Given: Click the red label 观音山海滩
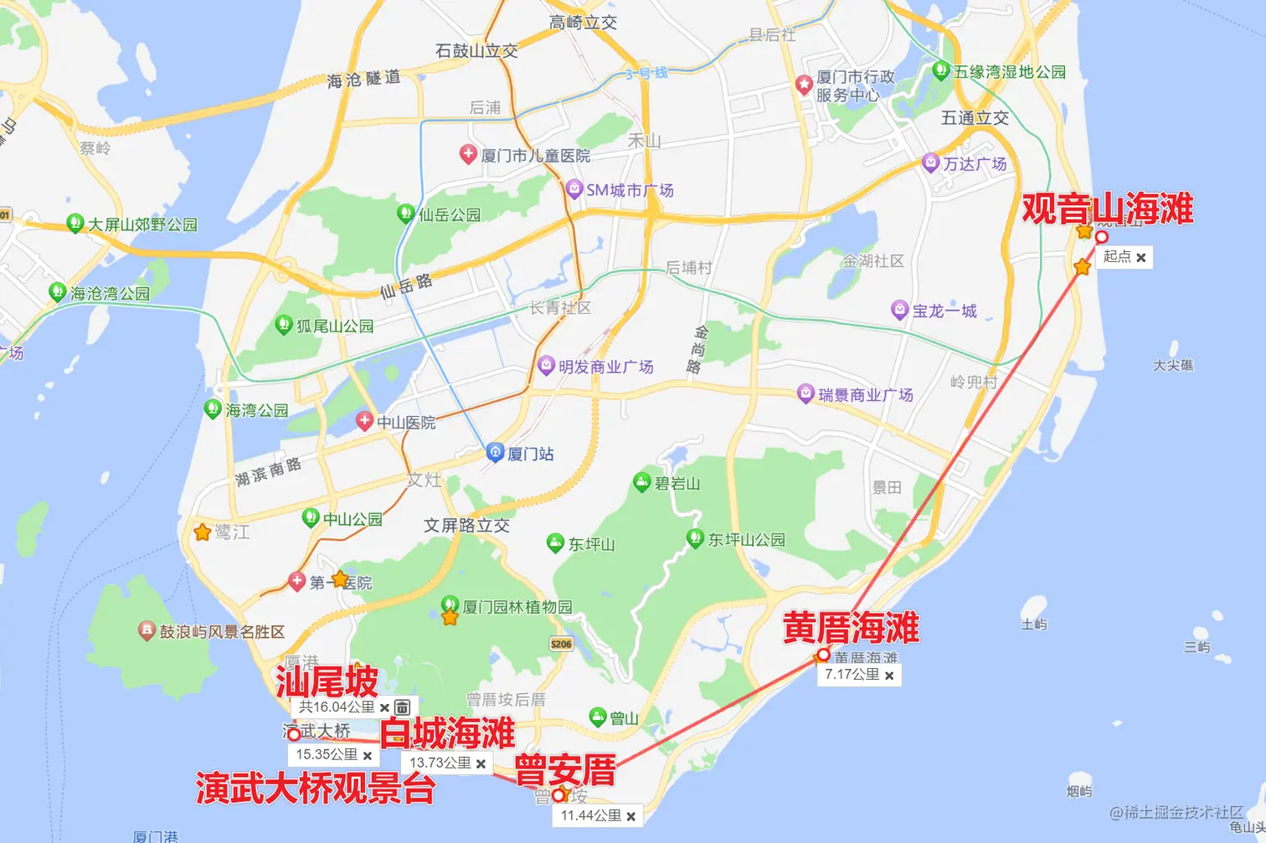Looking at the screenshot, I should click(1107, 208).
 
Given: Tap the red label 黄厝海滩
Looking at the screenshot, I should click(851, 628).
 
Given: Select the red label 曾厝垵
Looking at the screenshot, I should click(565, 770).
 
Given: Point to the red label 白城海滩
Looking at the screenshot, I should click(447, 733).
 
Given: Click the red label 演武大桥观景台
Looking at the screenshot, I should click(315, 789).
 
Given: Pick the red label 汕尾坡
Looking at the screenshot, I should click(327, 682).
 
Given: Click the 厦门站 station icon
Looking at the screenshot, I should click(495, 453).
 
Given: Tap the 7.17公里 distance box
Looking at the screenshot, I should click(852, 675).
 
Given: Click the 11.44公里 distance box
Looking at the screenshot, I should click(591, 815).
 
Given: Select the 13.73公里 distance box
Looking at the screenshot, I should click(440, 763).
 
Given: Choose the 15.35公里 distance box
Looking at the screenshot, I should click(327, 754).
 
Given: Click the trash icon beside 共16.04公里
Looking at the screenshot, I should click(402, 707).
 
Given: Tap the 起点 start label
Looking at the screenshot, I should click(1117, 257).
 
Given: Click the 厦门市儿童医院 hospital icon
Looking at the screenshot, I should click(468, 154).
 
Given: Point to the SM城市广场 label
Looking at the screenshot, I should click(630, 190).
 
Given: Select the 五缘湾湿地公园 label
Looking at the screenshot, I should click(1010, 72).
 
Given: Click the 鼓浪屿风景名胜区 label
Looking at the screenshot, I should click(222, 631).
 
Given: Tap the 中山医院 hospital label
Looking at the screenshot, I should click(405, 423).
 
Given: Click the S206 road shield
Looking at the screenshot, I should click(561, 644).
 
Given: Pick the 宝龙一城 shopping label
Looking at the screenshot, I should click(944, 311).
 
